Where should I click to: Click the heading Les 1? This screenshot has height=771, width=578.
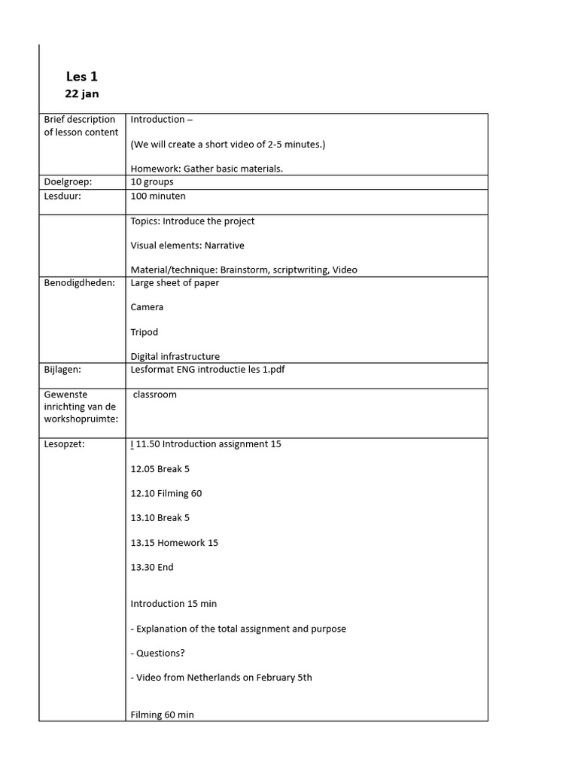pos(82,76)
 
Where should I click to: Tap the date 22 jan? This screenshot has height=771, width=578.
pos(82,94)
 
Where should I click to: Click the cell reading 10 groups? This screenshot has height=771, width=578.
pos(152,181)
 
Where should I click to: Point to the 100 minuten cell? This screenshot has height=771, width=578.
pos(158,196)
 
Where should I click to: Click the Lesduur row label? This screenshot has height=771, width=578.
pos(62,196)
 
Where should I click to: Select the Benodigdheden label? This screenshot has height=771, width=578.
pos(80,282)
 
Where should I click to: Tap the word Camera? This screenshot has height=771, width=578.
pos(147,307)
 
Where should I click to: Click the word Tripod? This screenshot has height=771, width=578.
pos(144,332)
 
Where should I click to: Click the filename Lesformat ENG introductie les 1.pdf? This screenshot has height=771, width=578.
pos(212,369)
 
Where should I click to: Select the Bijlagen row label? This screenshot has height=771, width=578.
pos(62,369)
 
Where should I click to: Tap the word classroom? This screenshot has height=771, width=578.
pos(155,394)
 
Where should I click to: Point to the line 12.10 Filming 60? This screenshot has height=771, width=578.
pos(166,493)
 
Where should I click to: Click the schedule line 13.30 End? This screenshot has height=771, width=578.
pos(152,567)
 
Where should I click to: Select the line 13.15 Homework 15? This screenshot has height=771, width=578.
pos(175,542)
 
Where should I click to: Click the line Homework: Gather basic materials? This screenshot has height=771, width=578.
pos(207,169)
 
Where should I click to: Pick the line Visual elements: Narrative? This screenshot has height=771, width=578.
pos(187,245)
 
